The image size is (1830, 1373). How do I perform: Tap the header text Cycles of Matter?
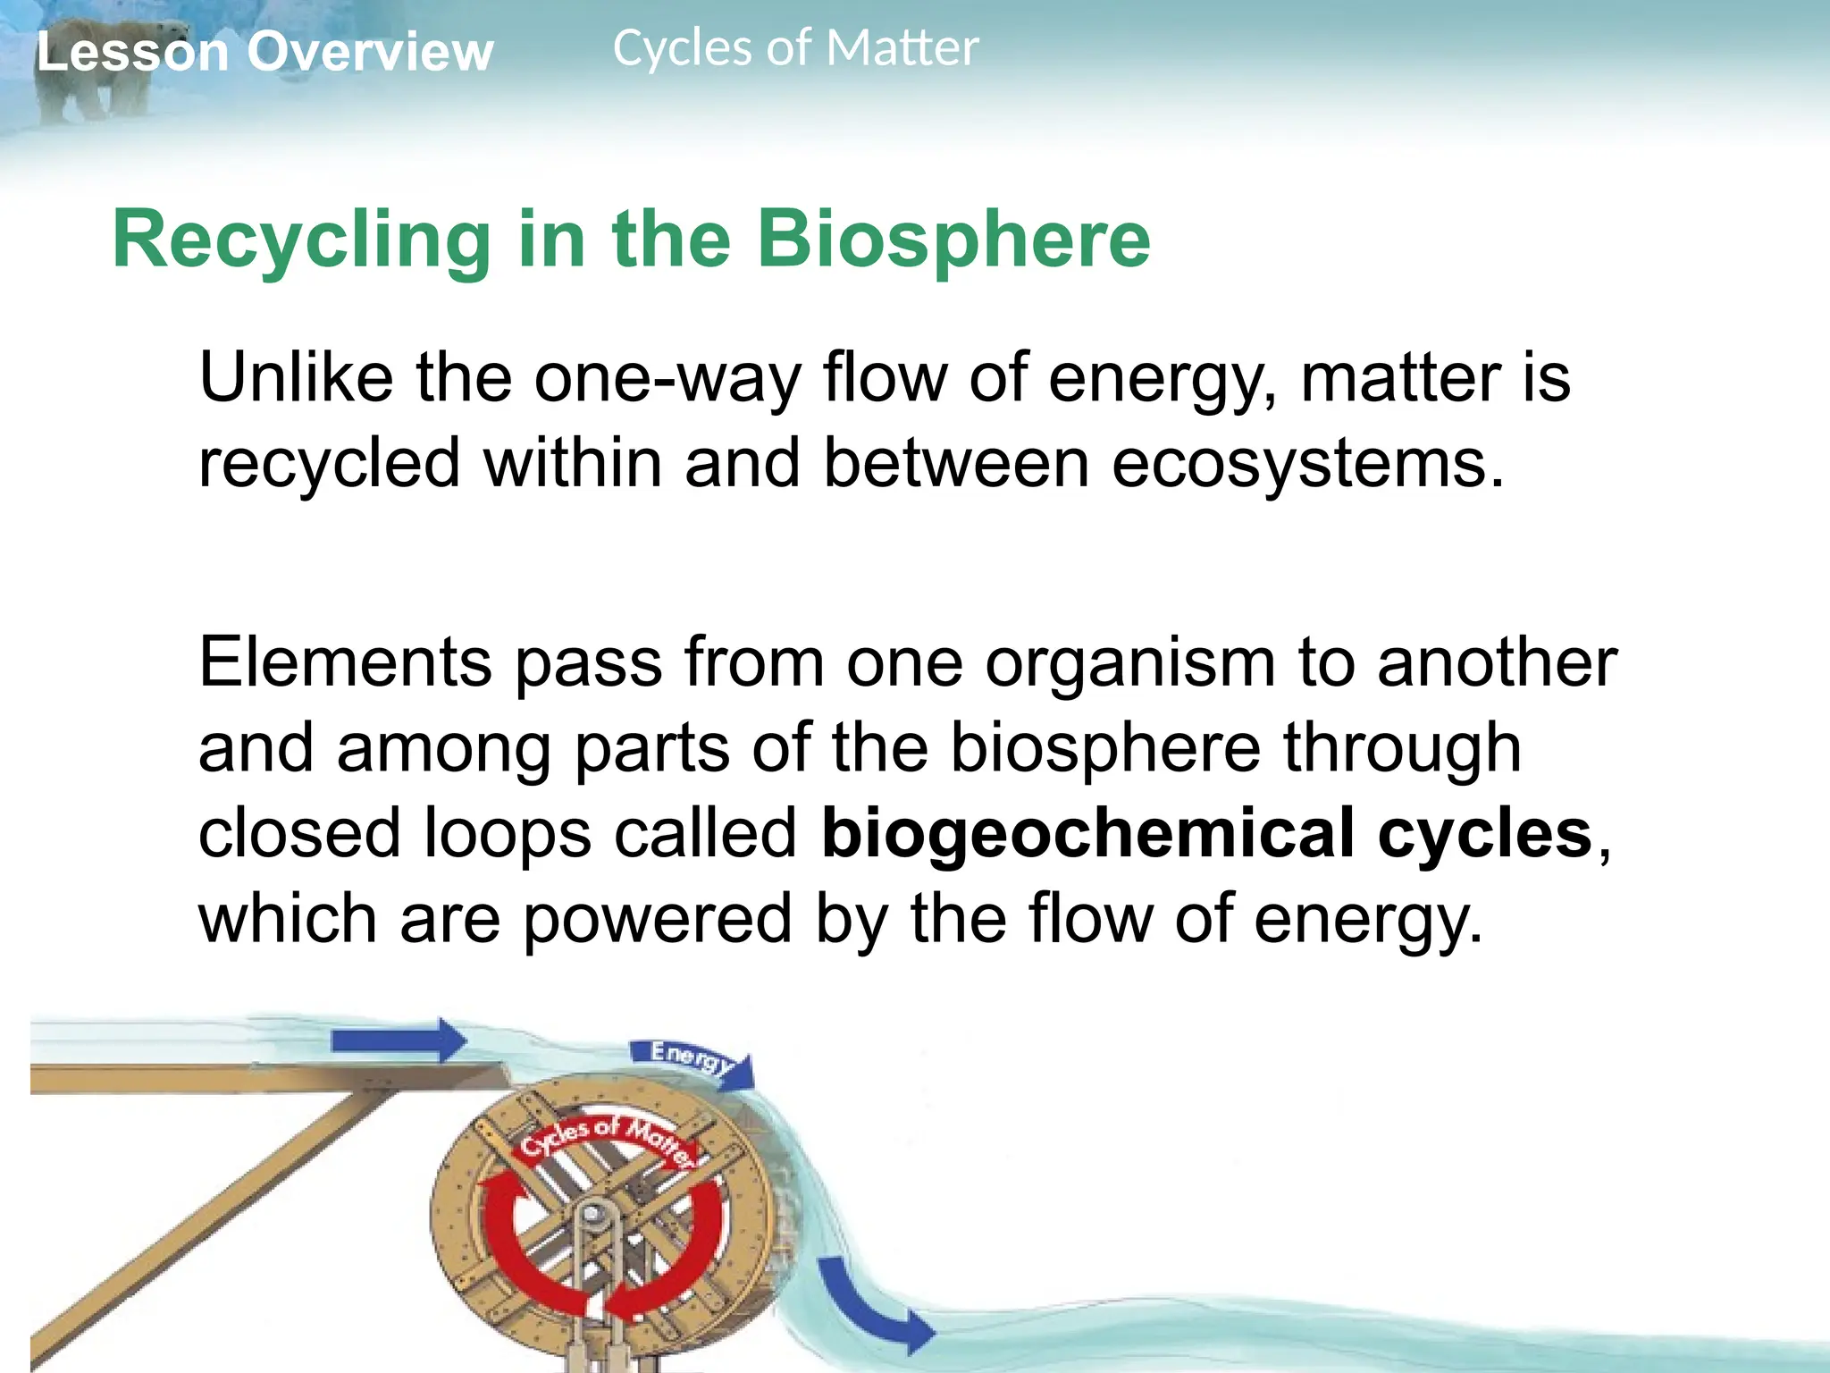pyautogui.click(x=795, y=48)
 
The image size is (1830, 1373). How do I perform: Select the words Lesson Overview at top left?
pyautogui.click(x=264, y=52)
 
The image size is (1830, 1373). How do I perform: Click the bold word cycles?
pyautogui.click(x=1485, y=834)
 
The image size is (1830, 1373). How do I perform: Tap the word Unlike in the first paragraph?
pyautogui.click(x=295, y=378)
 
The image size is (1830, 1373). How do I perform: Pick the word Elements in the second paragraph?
pyautogui.click(x=345, y=663)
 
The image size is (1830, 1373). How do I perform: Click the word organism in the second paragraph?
pyautogui.click(x=1130, y=663)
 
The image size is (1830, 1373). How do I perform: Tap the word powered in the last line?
pyautogui.click(x=658, y=919)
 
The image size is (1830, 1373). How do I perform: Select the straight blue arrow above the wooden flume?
pyautogui.click(x=399, y=1040)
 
